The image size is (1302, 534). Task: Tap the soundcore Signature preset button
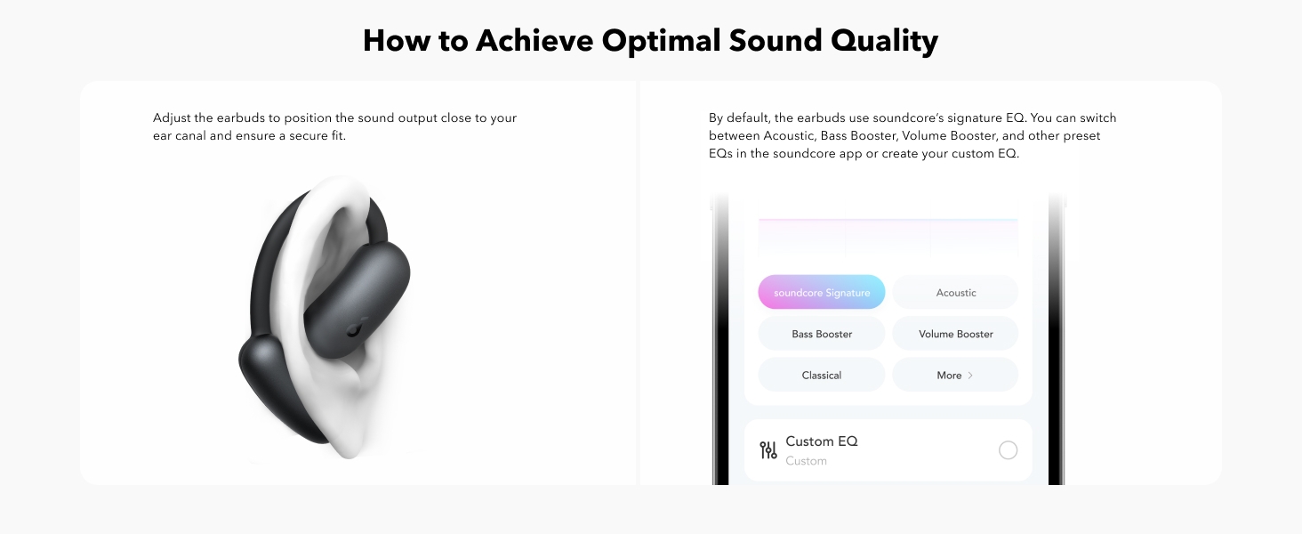[x=821, y=292]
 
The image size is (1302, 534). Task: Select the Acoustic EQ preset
[x=955, y=292]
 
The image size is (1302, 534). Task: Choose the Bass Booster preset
[x=821, y=334]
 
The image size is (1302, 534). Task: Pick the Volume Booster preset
[x=955, y=334]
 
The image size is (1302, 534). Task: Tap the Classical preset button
[x=821, y=376]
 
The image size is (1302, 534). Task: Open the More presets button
[x=955, y=376]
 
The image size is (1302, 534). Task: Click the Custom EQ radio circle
[x=1008, y=450]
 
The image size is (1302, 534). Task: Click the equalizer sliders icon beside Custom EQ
[x=768, y=450]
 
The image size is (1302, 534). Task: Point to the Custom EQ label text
[x=821, y=441]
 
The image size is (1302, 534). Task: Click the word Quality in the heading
[x=884, y=41]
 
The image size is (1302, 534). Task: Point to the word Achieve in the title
[x=534, y=41]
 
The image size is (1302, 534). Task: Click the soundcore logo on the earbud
[x=354, y=328]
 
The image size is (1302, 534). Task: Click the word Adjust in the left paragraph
[x=172, y=118]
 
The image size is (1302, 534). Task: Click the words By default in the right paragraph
[x=739, y=118]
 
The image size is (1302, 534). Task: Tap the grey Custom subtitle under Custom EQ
[x=806, y=461]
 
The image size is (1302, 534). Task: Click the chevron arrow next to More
[x=970, y=376]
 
